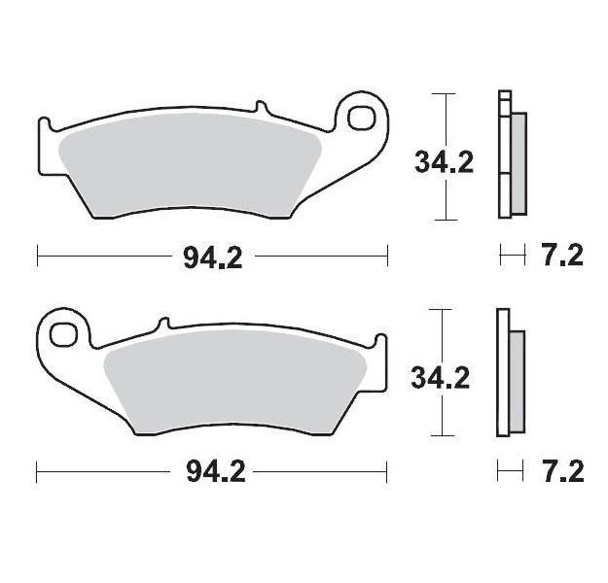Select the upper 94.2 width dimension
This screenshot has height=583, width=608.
point(212,257)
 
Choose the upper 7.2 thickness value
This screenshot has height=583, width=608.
point(560,257)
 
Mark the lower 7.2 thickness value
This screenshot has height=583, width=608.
point(560,473)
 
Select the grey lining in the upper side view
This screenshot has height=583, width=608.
point(518,162)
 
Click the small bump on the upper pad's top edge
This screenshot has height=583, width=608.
point(259,106)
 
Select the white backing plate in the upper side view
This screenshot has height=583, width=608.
point(503,155)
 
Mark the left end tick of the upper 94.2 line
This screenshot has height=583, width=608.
point(37,257)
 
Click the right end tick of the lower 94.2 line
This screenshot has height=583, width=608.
point(388,473)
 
